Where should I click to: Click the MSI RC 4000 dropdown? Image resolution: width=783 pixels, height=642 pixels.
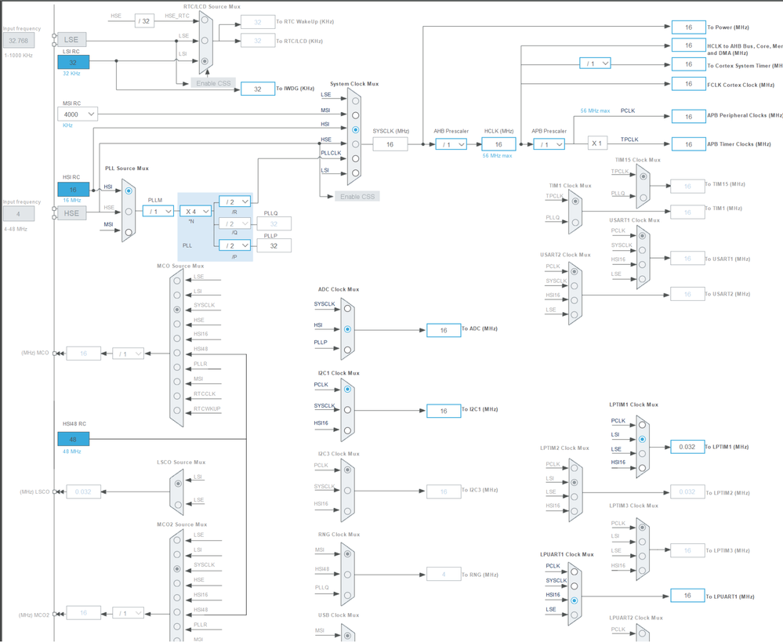[78, 114]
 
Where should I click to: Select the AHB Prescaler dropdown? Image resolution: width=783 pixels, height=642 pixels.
[451, 144]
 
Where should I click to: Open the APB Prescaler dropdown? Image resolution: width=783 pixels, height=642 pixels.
[549, 144]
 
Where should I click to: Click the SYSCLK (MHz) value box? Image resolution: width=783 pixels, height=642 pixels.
[390, 144]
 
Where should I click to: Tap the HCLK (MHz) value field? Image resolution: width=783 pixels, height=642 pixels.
[498, 144]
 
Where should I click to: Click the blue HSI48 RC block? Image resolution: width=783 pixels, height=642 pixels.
[73, 439]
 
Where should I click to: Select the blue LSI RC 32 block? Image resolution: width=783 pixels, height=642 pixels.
[73, 62]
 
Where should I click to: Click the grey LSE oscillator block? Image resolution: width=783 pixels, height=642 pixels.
[71, 39]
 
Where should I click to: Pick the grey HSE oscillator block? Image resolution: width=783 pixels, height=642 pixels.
[71, 213]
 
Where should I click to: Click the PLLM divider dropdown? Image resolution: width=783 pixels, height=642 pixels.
[158, 212]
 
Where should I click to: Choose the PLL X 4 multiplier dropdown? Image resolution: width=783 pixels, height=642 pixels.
[195, 212]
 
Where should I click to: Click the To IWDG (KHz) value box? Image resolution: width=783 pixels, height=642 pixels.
[257, 89]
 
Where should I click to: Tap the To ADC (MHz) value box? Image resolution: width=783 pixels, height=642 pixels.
[444, 330]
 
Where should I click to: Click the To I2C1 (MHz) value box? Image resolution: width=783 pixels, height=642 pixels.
[444, 411]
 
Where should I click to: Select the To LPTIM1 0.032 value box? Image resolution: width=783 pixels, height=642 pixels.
[687, 447]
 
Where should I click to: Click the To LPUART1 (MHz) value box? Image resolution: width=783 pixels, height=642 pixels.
[687, 596]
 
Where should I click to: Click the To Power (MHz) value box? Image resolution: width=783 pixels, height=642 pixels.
[688, 27]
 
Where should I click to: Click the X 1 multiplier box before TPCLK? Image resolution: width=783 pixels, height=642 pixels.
[597, 143]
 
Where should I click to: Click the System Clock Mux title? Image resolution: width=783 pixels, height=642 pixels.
[354, 84]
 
